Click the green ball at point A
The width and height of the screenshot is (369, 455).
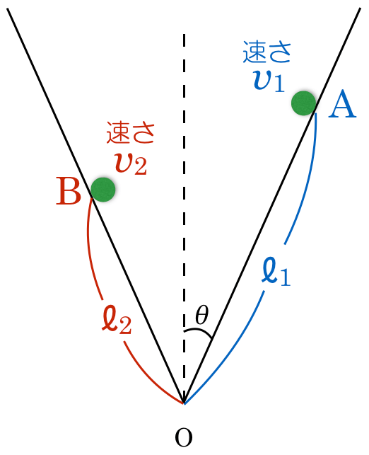pos(303,103)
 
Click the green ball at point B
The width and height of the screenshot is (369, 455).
pos(103,190)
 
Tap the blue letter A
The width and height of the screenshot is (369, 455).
pos(342,105)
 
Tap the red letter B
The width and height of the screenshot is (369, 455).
pos(69,191)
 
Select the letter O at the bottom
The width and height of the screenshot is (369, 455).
pos(184,437)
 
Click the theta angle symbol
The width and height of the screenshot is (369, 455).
pos(201,315)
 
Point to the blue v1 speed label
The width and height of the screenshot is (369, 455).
pos(269,81)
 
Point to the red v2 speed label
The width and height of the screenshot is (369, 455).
pos(131,163)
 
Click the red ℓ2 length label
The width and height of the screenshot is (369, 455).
pos(117,319)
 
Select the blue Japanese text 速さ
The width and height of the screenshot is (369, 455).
pos(266,52)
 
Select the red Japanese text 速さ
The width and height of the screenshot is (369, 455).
pos(130,133)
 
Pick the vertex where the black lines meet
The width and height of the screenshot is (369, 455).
pos(184,403)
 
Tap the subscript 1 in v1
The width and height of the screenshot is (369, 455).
pos(279,83)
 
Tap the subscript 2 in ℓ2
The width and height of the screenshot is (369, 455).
pos(125,325)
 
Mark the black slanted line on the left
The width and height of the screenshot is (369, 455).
pos(95,205)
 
